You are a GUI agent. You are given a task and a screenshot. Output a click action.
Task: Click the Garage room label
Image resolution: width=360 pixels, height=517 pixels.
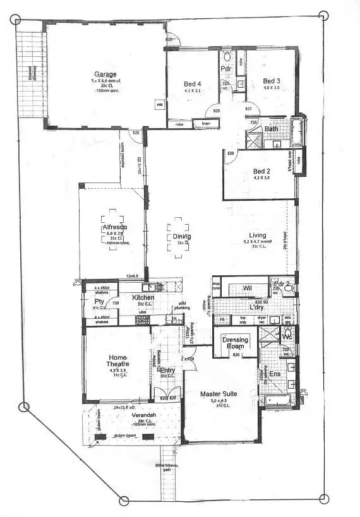pyautogui.click(x=105, y=74)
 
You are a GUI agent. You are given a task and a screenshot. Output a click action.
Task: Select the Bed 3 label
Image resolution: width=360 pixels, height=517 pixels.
pyautogui.click(x=271, y=81)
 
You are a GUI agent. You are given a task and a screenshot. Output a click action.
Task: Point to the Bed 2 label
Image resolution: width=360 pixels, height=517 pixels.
pyautogui.click(x=261, y=171)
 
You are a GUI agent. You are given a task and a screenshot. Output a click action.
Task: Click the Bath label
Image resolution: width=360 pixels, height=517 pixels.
pyautogui.click(x=272, y=129)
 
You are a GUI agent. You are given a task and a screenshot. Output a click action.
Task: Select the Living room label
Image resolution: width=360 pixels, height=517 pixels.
pyautogui.click(x=257, y=235)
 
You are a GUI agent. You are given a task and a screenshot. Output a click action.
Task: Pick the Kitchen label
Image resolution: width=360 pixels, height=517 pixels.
pyautogui.click(x=143, y=297)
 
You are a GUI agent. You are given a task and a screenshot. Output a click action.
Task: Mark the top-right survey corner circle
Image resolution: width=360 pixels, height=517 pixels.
pyautogui.click(x=324, y=15)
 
